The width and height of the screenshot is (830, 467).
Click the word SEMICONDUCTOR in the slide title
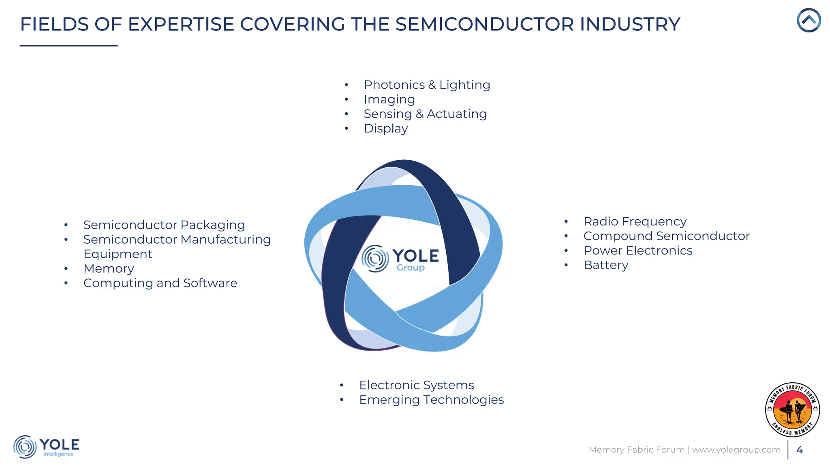[x=485, y=24]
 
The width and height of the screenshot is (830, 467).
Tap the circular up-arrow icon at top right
[x=809, y=20]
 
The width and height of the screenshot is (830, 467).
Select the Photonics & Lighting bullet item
[x=427, y=85]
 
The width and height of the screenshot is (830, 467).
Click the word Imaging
[x=389, y=99]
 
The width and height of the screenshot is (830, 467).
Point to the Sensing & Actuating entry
[x=425, y=114]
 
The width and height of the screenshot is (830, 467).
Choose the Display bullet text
[x=385, y=129]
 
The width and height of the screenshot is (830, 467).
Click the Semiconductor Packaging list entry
[x=164, y=225]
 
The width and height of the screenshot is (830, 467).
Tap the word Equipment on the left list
[x=118, y=254]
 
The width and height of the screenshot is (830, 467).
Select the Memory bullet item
[x=109, y=269]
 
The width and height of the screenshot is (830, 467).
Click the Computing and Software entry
[x=160, y=283]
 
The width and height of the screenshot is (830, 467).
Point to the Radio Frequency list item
[x=635, y=222]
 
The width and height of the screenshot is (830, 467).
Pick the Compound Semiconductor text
[x=666, y=236]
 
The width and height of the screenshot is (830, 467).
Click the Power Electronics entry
[x=637, y=251]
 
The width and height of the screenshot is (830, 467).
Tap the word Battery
[x=605, y=265]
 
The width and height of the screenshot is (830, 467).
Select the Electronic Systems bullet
[x=416, y=385]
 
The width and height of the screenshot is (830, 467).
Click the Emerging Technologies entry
[x=431, y=400]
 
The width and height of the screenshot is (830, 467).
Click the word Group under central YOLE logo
[x=410, y=268]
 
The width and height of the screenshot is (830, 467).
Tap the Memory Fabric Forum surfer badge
[x=792, y=409]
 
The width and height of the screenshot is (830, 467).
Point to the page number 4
[x=799, y=450]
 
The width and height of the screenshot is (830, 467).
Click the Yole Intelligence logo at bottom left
[x=46, y=447]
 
